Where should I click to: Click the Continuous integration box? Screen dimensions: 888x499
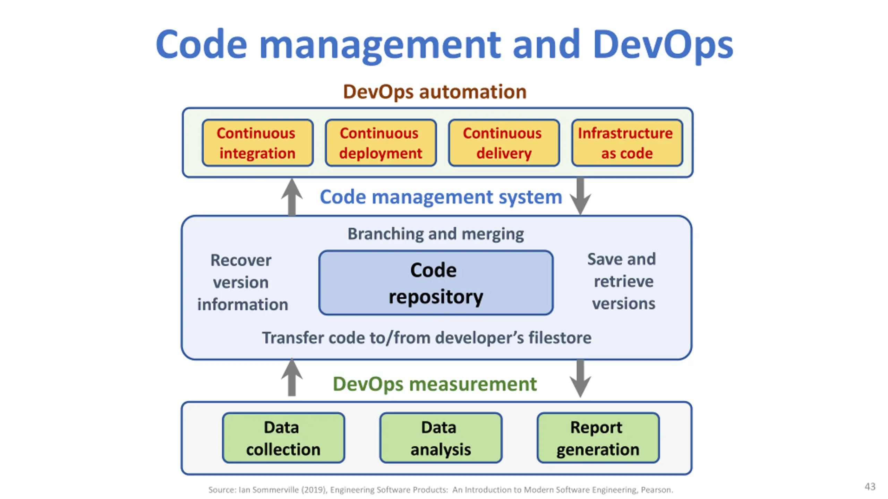click(x=257, y=143)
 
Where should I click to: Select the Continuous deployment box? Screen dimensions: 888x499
click(x=381, y=143)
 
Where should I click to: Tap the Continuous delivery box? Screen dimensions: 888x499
click(x=504, y=143)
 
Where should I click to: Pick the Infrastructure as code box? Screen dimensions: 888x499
click(x=627, y=143)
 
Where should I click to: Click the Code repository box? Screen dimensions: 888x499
click(x=436, y=282)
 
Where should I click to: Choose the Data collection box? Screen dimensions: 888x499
click(x=283, y=438)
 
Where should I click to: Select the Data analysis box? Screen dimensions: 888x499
click(x=441, y=438)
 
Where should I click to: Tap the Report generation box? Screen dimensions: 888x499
click(x=598, y=438)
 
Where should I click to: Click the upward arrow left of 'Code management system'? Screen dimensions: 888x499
click(x=292, y=197)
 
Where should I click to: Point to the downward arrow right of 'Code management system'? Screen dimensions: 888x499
click(x=580, y=196)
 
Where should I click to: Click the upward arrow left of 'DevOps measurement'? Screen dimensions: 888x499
click(x=292, y=377)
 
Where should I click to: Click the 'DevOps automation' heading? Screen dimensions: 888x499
click(x=435, y=92)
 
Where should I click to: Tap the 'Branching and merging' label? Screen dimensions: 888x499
click(x=436, y=234)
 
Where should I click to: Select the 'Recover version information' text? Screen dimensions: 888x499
click(x=242, y=282)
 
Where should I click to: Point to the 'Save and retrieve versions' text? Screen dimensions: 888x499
click(x=623, y=281)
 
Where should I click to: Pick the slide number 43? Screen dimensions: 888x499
click(x=870, y=487)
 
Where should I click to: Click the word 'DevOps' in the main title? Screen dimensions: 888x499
click(x=663, y=45)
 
